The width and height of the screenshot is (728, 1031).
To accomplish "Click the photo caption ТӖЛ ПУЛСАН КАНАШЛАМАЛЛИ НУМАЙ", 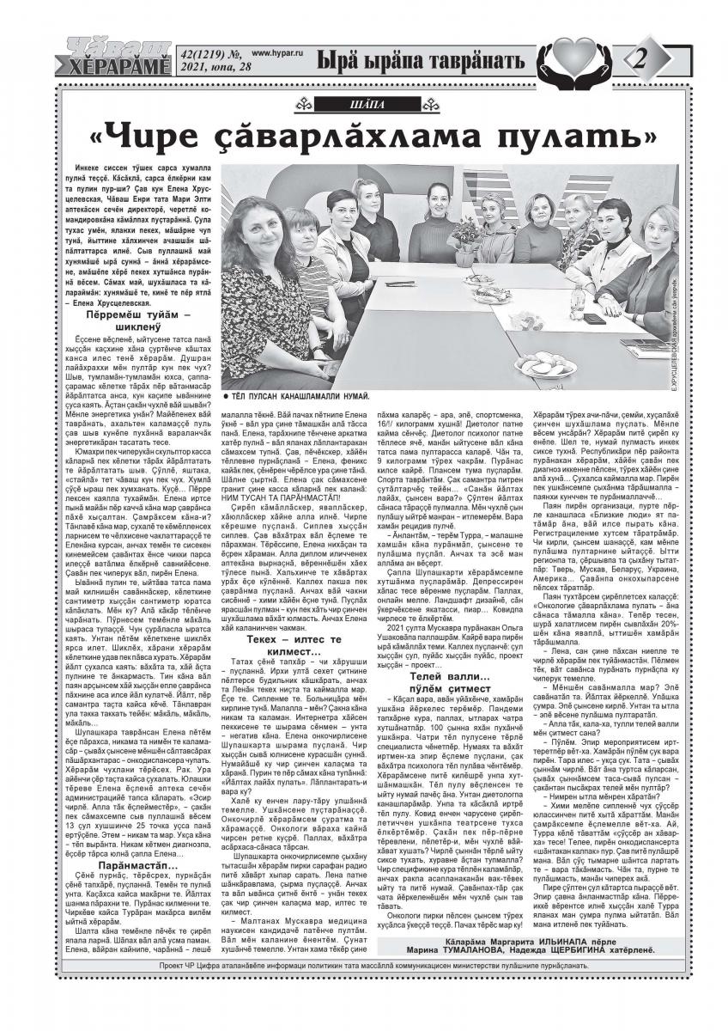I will [x=295, y=398].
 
